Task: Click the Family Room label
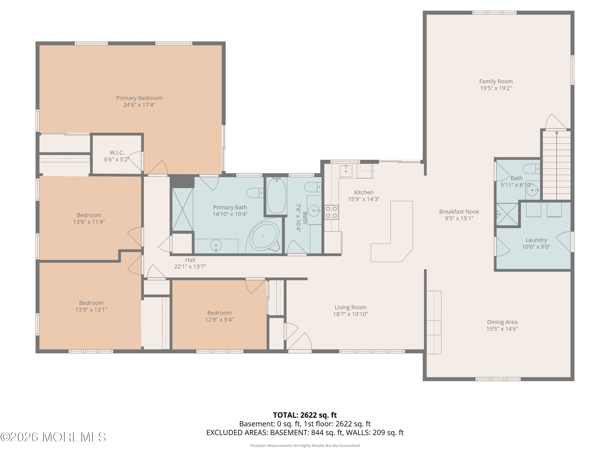coord(496,81)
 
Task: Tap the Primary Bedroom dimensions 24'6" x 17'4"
coord(139,105)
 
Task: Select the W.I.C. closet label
coord(117,153)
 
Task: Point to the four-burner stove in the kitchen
coord(331,212)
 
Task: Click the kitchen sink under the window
coord(346,171)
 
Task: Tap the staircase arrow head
coord(557,133)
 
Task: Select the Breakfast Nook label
coord(459,212)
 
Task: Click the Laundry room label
coord(536,240)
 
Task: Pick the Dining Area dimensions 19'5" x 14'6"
coord(502,329)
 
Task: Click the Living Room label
coord(351,307)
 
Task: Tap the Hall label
coord(190,260)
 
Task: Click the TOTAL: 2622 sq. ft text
coord(305,415)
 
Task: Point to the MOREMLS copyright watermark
coord(53,437)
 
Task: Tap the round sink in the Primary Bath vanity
coord(216,245)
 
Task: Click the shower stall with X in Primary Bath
coord(182,209)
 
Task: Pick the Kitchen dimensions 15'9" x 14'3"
coord(364,199)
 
